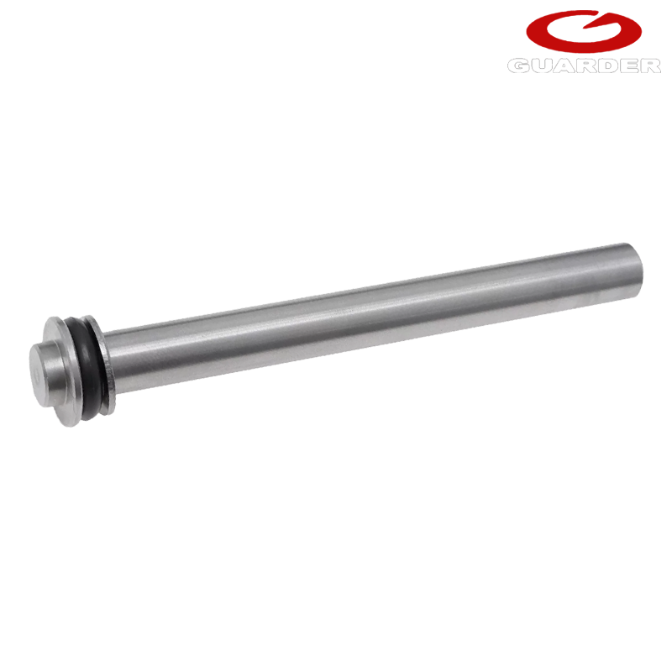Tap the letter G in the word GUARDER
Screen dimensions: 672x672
coord(518,66)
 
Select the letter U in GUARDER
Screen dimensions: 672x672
coord(541,66)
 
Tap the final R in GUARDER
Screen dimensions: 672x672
coord(649,66)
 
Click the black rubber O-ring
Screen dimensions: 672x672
coord(88,369)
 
